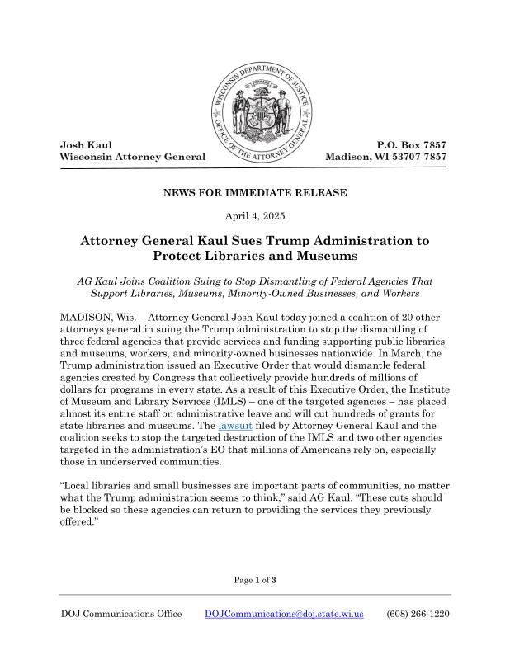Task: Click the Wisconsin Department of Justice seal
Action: (x=258, y=112)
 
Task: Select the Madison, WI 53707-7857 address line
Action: (x=386, y=157)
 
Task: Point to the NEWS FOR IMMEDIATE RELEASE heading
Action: (x=255, y=193)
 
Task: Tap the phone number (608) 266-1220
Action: (x=418, y=615)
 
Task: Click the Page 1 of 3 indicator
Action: (x=254, y=580)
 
